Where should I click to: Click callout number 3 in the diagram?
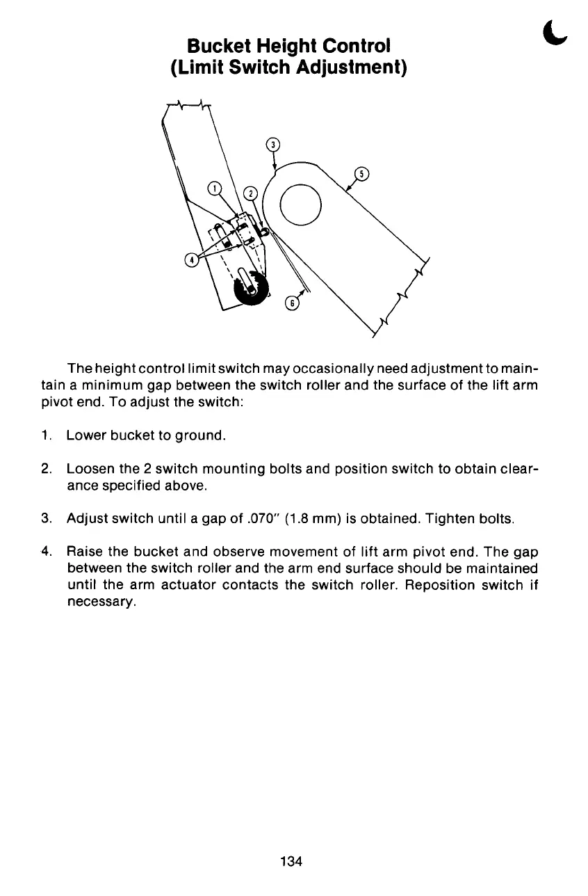coord(274,145)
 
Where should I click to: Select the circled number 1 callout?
coord(215,188)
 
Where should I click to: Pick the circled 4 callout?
coord(188,260)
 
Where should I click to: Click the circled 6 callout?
coord(293,304)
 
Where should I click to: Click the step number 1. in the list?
coord(47,436)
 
